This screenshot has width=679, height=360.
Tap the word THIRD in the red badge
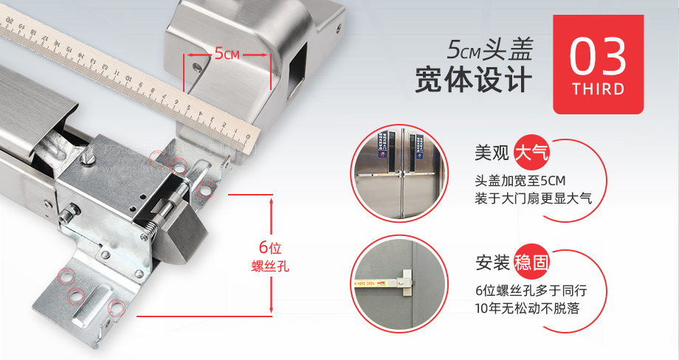click(598, 89)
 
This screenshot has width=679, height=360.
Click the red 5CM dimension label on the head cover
click(226, 54)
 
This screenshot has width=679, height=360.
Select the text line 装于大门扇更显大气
click(534, 199)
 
